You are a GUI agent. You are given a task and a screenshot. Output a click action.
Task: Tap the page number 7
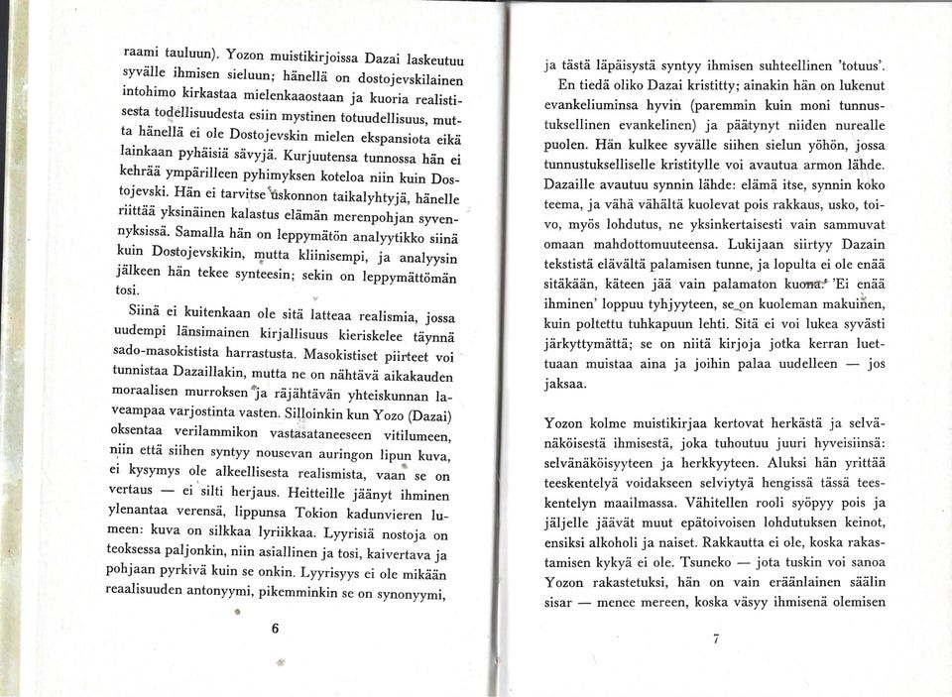coord(715,639)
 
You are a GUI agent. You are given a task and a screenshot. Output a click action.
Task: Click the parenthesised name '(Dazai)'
coord(423,412)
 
